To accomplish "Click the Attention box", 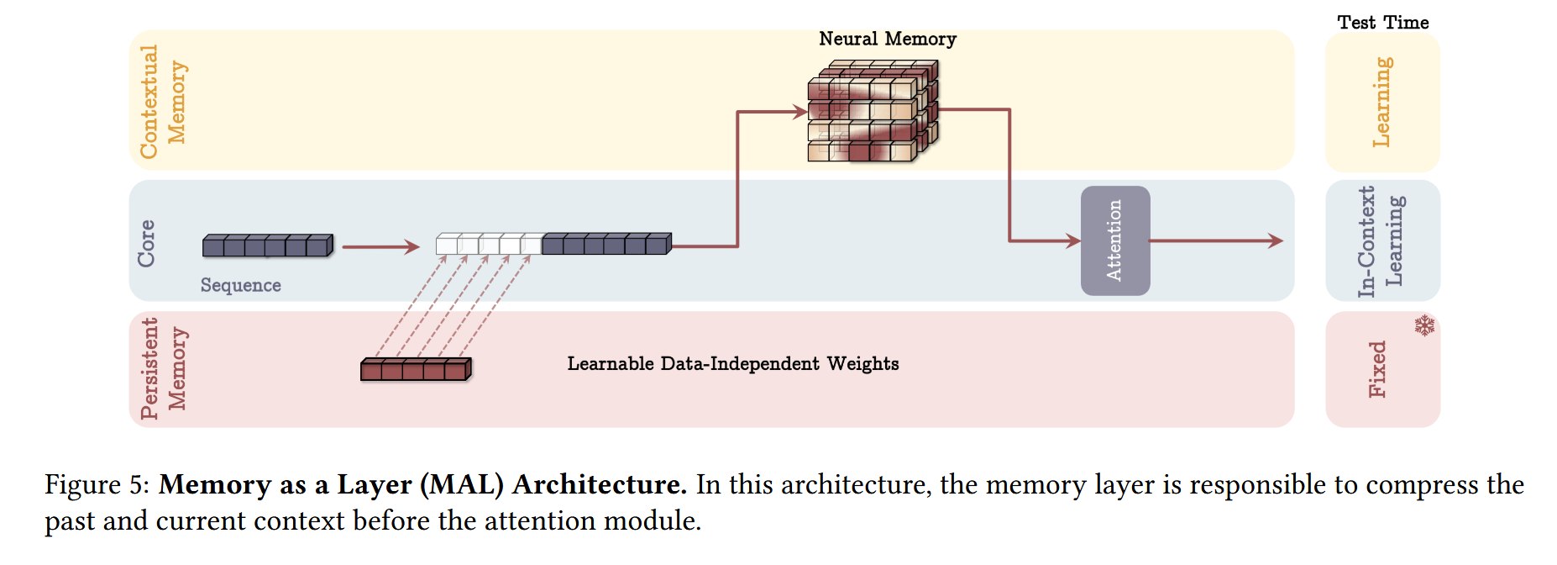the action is (1114, 240).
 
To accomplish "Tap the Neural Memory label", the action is (887, 39).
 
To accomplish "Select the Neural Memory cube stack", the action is (873, 110).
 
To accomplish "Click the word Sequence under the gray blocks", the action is (240, 285).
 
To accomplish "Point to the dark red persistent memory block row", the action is (416, 369).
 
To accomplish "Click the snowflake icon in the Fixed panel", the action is (1424, 325).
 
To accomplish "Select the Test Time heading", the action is (1382, 23).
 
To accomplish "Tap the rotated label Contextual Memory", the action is (163, 102).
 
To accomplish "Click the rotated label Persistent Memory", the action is (163, 368).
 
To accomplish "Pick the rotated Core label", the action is (146, 244).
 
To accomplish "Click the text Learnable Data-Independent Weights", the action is (732, 363).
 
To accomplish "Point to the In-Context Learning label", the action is (1381, 241).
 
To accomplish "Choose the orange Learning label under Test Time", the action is (1381, 102).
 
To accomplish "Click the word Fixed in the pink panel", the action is (1377, 369).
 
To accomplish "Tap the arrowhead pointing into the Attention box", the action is (1073, 241).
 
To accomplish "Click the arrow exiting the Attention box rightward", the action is (1216, 241).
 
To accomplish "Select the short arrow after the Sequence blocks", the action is (380, 246).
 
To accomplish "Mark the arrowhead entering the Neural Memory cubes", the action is (799, 111).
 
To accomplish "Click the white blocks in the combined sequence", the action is (489, 244).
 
